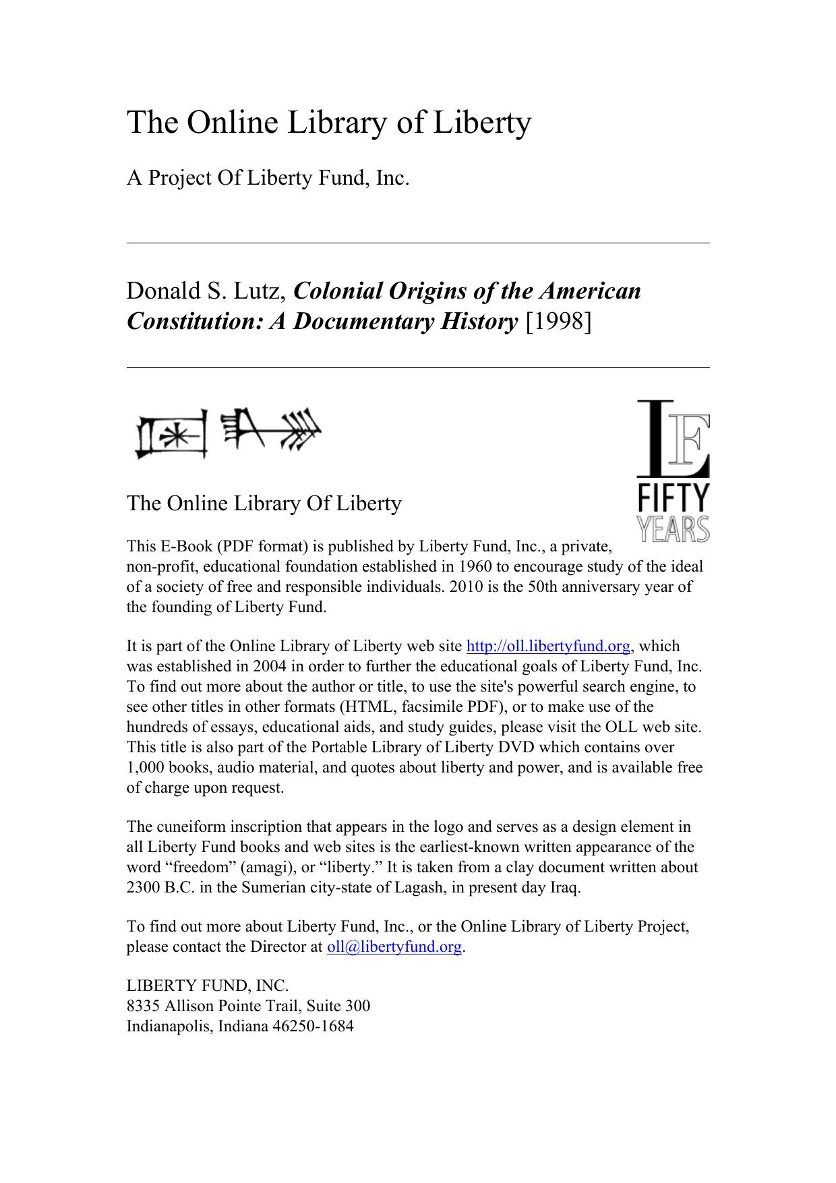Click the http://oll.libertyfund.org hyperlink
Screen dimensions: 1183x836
coord(548,646)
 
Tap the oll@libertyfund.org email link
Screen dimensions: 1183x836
coord(394,947)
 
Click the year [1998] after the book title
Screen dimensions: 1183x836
coord(557,322)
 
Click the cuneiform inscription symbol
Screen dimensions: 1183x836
coord(228,434)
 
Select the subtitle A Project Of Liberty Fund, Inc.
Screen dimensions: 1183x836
coord(268,179)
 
